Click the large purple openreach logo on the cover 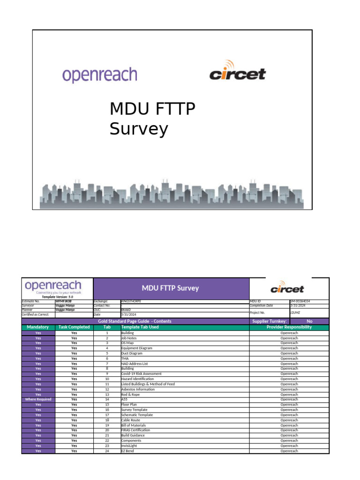coord(100,75)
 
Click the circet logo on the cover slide coord(237,72)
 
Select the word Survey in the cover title coord(139,129)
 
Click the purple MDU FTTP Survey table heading coord(171,288)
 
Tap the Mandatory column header coord(38,327)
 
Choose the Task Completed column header coord(74,327)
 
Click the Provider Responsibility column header coord(289,327)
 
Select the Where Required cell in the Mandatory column coord(38,399)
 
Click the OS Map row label coord(127,343)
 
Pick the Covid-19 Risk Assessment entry coord(141,374)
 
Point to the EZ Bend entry coord(127,451)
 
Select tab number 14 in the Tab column coord(107,399)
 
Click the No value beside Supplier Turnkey coord(309,322)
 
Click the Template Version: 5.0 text coord(58,297)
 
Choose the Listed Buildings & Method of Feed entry coord(148,384)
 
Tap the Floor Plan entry coord(129,405)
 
